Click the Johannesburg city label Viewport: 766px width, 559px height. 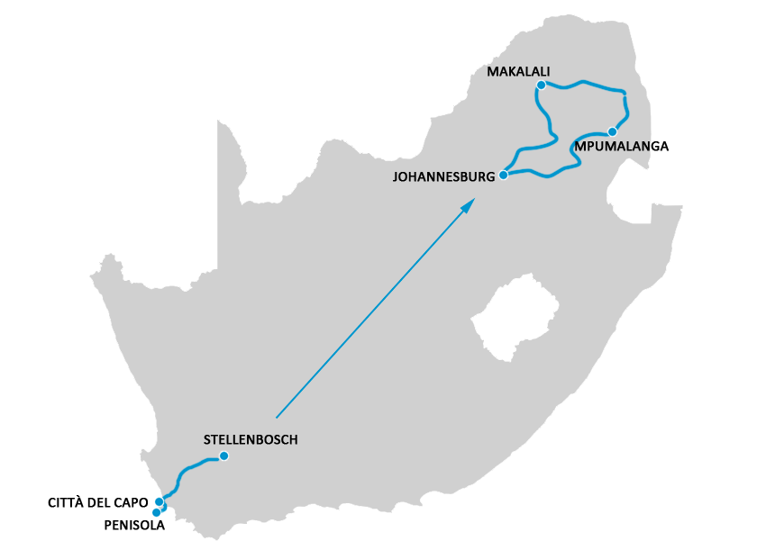443,176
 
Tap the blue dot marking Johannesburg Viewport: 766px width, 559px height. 504,175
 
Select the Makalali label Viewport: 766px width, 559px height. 517,71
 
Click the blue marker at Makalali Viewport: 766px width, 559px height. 541,86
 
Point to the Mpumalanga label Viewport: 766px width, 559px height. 621,146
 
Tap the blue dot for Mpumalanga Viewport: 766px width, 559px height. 613,131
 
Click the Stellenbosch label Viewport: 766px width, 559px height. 251,439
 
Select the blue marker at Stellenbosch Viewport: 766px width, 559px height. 224,455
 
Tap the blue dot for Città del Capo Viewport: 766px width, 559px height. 160,501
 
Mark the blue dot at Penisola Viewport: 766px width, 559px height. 157,512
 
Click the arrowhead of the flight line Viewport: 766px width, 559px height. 469,205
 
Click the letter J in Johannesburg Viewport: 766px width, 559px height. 396,176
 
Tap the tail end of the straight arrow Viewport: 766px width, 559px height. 277,417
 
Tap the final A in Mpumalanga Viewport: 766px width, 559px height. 664,146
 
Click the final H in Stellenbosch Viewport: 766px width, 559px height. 292,439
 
